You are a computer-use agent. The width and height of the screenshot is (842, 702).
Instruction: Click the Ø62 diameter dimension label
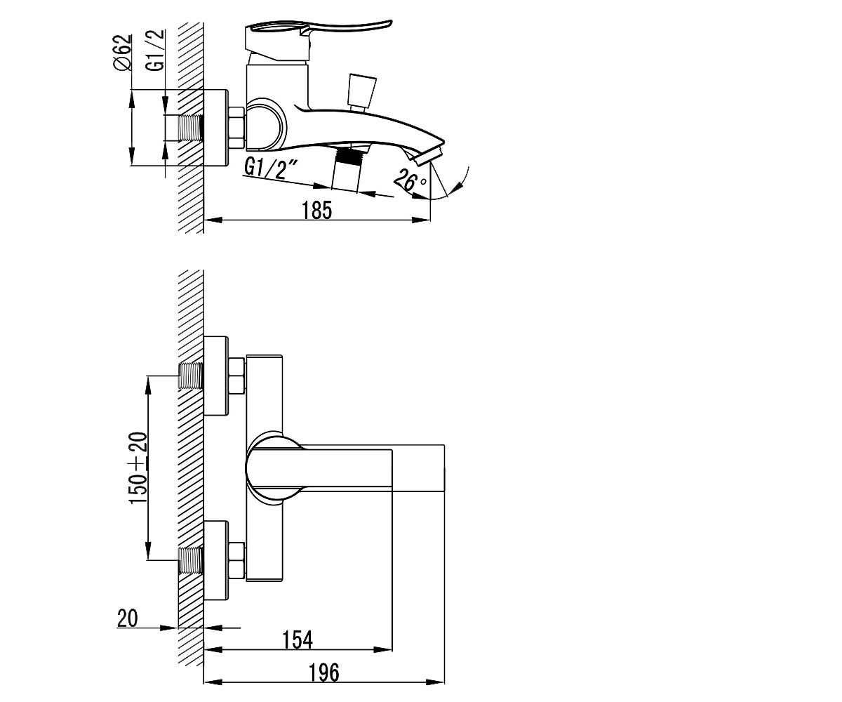[x=123, y=53]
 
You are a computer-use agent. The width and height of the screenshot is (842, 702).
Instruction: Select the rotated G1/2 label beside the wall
[x=156, y=50]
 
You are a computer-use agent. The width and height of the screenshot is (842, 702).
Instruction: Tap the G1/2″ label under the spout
[x=271, y=168]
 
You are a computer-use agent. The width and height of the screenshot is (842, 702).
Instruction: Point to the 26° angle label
[x=409, y=180]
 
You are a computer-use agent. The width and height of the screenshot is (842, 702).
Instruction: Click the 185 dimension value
[x=317, y=210]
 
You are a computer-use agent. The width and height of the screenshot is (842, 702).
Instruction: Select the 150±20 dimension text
[x=138, y=468]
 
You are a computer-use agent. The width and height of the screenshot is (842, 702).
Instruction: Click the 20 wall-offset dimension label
[x=128, y=618]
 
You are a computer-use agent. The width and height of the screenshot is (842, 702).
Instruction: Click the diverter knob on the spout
[x=362, y=92]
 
